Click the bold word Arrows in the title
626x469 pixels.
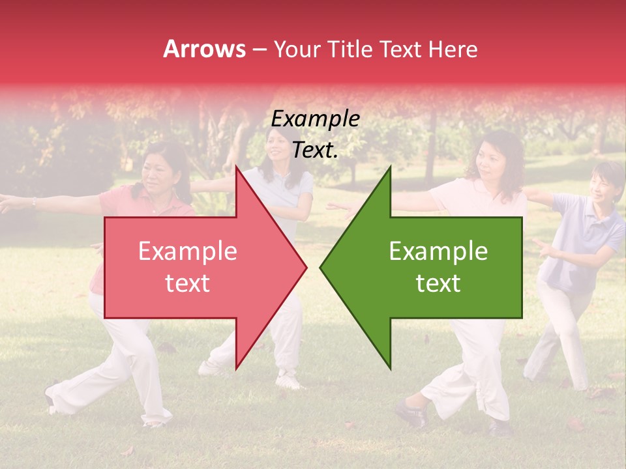(x=205, y=49)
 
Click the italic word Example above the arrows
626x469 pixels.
(x=316, y=119)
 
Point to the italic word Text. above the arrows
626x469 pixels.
(x=316, y=150)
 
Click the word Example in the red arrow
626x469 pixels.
(x=188, y=251)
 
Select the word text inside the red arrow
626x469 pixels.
(x=188, y=283)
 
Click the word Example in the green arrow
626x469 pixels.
(x=438, y=251)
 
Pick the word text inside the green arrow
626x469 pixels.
(x=438, y=283)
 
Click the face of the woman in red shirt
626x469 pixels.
(x=156, y=172)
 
